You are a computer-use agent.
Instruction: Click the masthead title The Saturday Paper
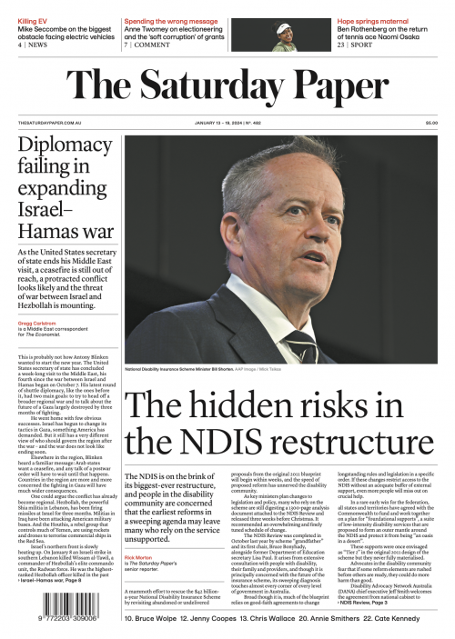point(227,85)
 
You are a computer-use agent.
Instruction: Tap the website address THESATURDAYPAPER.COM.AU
point(51,124)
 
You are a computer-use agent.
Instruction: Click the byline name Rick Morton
point(139,531)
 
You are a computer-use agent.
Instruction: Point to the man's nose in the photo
point(303,250)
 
